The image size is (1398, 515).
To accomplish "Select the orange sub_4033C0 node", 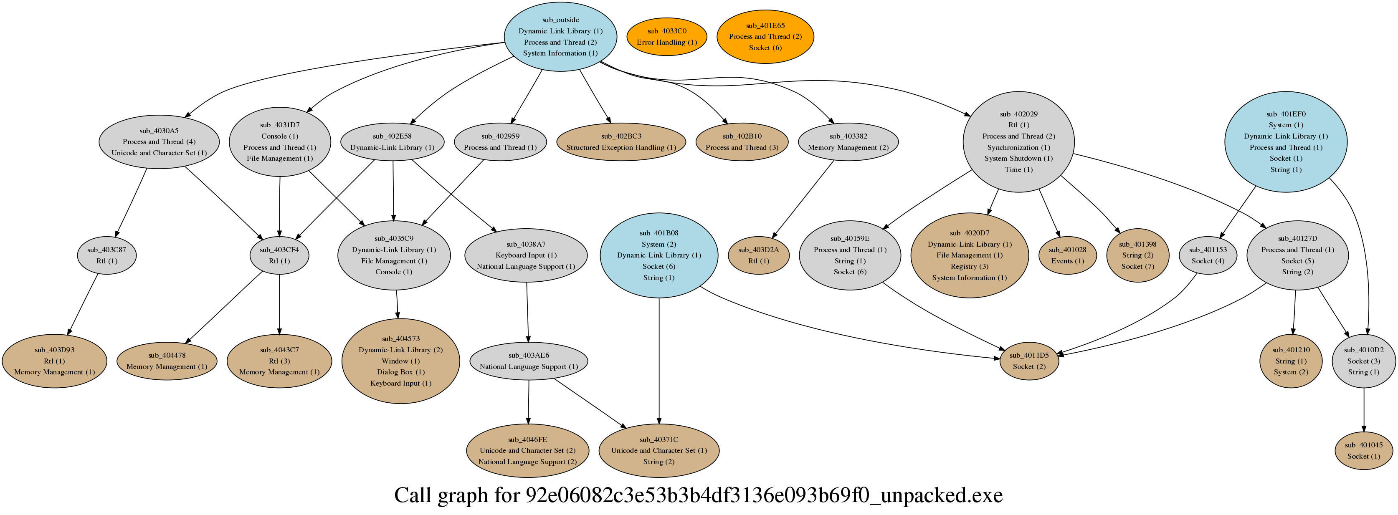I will (x=666, y=36).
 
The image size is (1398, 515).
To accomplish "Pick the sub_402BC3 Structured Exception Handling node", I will (x=621, y=141).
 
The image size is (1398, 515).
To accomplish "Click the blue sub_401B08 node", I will (x=659, y=255).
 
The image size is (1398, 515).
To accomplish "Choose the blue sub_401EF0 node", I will (x=1285, y=141).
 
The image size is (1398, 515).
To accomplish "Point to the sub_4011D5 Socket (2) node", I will (x=1029, y=361).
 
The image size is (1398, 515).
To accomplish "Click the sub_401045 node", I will (x=1363, y=450).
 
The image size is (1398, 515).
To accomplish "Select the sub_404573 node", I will (x=400, y=361).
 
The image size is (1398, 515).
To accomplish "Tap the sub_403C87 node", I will (x=106, y=255).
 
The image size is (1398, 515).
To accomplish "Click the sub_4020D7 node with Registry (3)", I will (x=969, y=255).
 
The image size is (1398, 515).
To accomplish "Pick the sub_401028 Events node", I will (x=1067, y=255).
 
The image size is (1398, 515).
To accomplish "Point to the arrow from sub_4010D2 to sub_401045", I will (x=1363, y=410).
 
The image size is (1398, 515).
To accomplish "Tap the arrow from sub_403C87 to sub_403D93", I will (x=83, y=304).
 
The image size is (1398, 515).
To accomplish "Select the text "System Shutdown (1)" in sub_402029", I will (x=1018, y=159).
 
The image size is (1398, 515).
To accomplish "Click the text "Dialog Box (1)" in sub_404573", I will (x=400, y=372).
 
